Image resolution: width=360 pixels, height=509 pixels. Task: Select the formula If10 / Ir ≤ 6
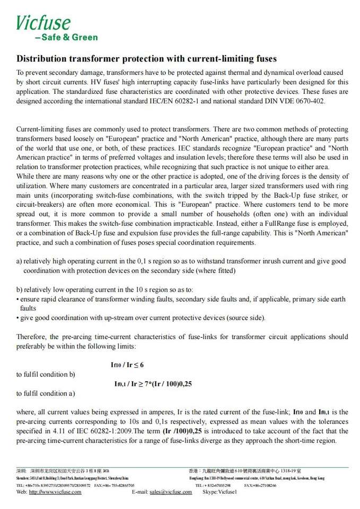tap(127, 365)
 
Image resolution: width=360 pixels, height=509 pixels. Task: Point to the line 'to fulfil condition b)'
tap(46, 374)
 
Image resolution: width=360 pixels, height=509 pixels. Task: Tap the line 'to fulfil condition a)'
tap(46, 393)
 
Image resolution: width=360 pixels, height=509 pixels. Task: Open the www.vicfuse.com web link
tap(55, 492)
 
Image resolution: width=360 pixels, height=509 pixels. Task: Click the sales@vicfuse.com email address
tap(170, 492)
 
